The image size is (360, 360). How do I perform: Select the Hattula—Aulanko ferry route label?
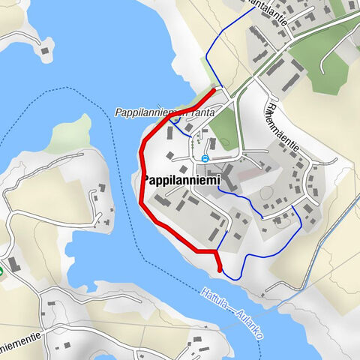pyautogui.click(x=232, y=313)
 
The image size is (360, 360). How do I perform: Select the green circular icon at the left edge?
pyautogui.click(x=1, y=269)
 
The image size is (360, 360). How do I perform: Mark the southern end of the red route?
pyautogui.click(x=219, y=270)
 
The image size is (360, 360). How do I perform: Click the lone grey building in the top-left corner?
pyautogui.click(x=45, y=52)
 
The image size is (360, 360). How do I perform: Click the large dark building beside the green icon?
pyautogui.click(x=16, y=265)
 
